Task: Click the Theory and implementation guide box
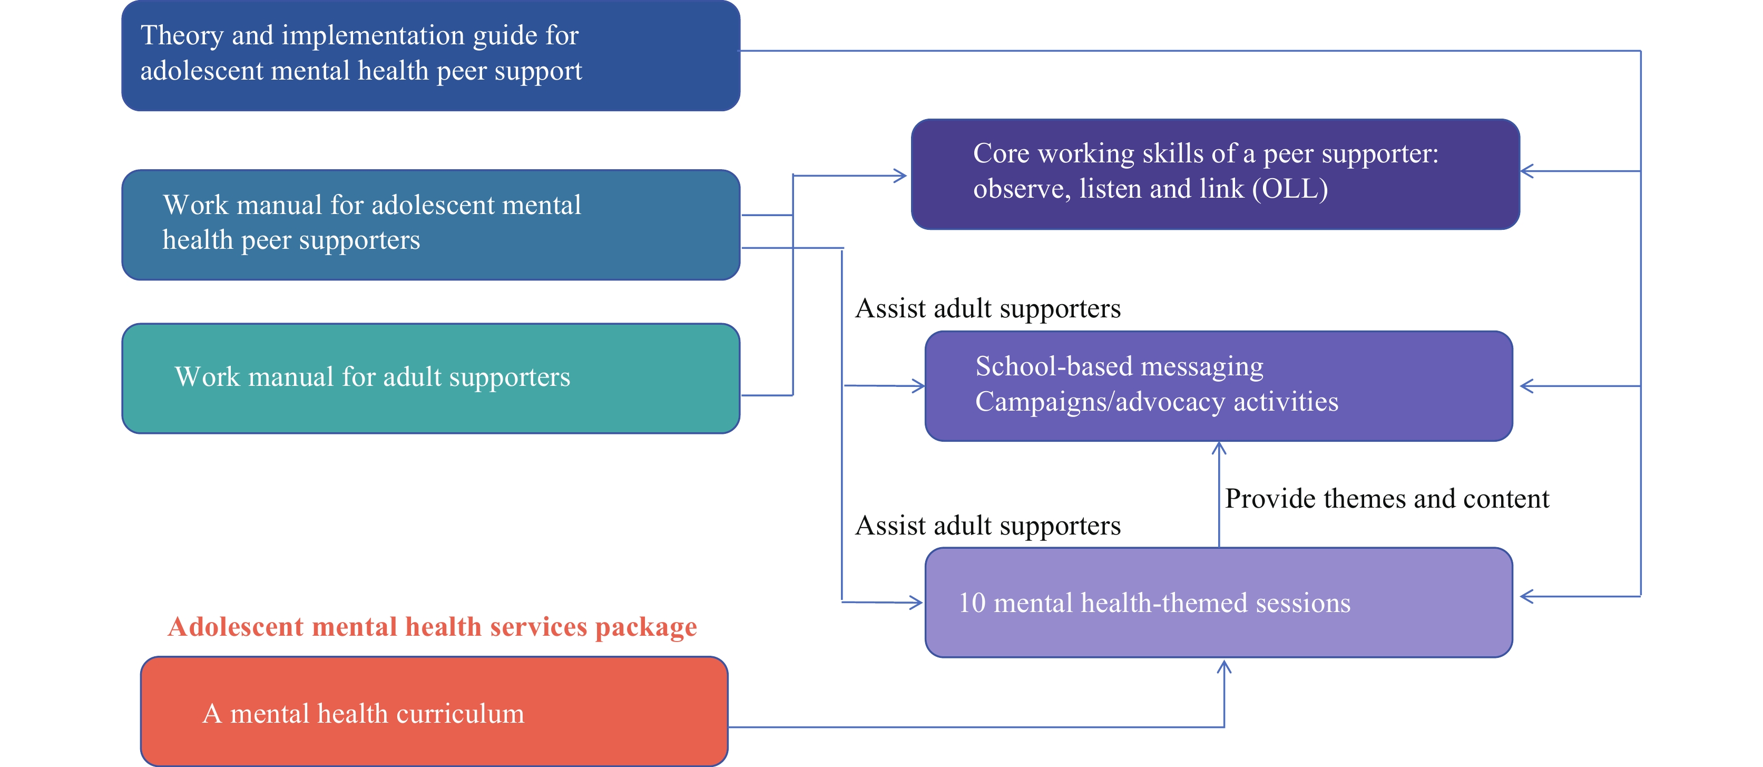(430, 55)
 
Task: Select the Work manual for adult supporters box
(430, 378)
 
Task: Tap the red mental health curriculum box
(434, 712)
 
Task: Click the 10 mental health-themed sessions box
(1218, 603)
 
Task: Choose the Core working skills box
(1216, 174)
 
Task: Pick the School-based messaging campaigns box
(1218, 385)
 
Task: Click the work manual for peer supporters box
(430, 225)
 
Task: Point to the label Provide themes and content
(1387, 499)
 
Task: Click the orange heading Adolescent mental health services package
(432, 627)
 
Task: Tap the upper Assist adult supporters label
(987, 308)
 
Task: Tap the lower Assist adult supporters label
(987, 525)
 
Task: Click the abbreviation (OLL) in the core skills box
(1289, 189)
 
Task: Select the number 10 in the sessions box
(972, 604)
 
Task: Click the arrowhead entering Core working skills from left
(902, 176)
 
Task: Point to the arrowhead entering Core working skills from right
(1527, 171)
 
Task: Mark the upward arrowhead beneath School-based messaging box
(1219, 448)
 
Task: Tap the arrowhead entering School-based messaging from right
(1527, 386)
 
